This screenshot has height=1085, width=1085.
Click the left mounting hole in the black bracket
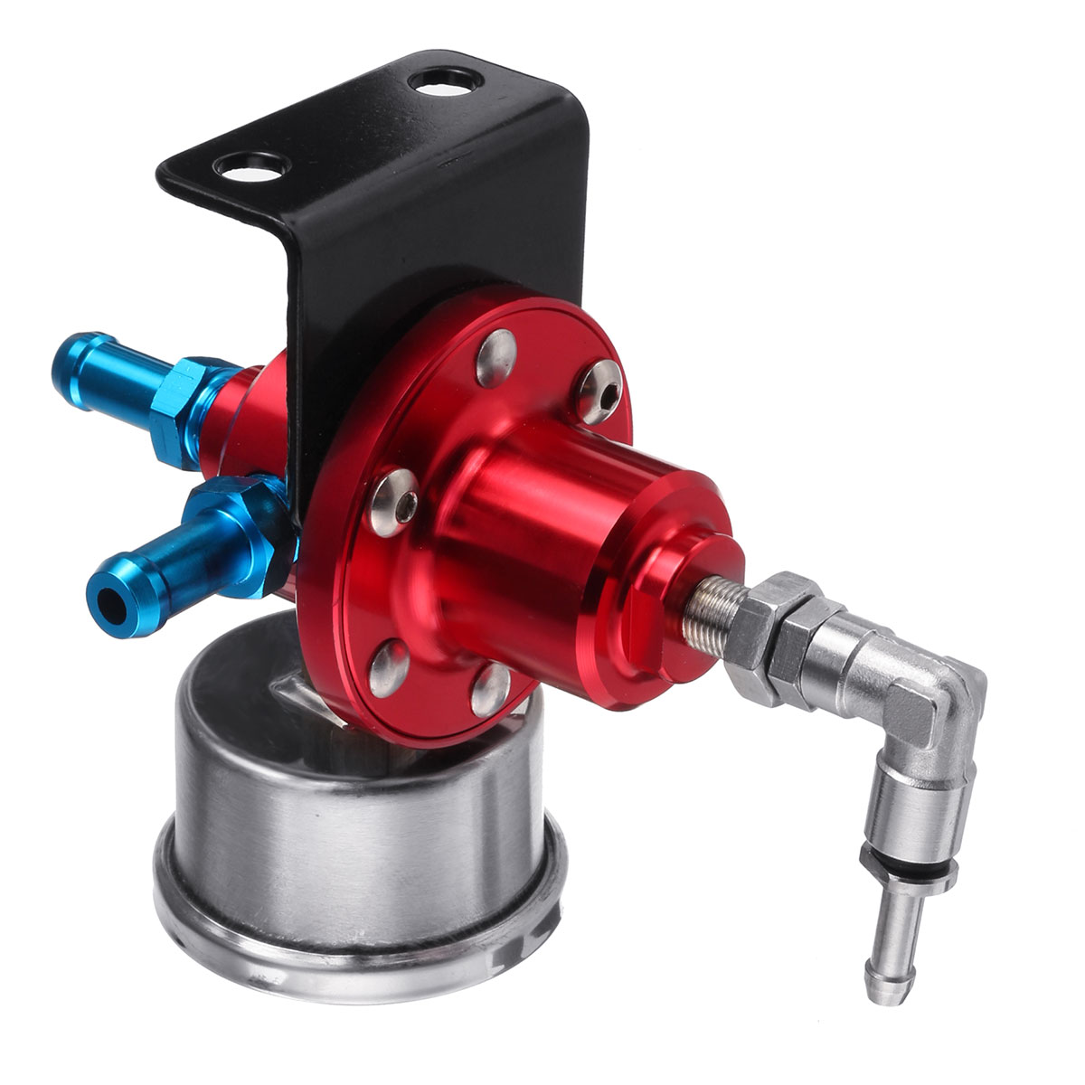tap(253, 165)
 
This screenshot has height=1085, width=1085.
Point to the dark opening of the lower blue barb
tap(110, 603)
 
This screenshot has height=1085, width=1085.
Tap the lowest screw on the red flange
tap(491, 686)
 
